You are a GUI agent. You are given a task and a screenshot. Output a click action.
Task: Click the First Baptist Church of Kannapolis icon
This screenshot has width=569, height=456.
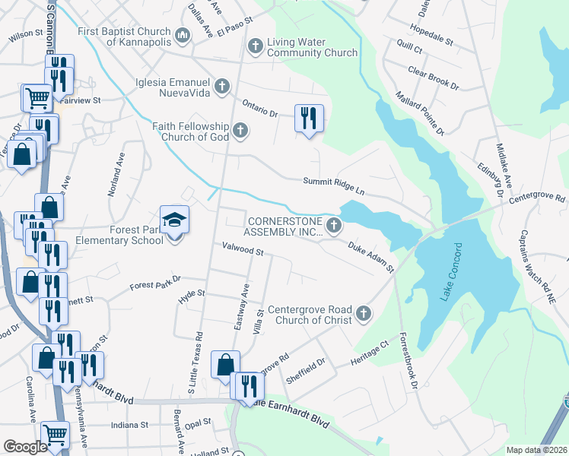click(x=183, y=35)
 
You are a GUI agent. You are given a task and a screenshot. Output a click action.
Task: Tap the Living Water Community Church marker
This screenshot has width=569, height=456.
click(x=256, y=47)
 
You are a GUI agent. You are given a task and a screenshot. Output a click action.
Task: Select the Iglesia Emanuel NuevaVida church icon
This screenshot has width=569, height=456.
click(x=222, y=86)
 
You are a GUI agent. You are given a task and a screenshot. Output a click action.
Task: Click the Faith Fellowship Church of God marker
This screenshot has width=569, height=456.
click(x=240, y=131)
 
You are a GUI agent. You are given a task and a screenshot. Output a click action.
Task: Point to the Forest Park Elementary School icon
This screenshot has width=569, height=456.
click(x=174, y=221)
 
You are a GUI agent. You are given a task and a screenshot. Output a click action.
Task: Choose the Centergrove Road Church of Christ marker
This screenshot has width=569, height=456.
click(x=364, y=312)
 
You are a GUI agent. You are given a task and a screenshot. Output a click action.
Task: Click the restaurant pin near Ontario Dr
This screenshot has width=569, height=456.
click(x=309, y=119)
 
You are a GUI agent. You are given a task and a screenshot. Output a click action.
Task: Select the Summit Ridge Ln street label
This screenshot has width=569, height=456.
click(x=334, y=181)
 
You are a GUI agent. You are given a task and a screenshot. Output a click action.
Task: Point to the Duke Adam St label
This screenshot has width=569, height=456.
click(x=371, y=258)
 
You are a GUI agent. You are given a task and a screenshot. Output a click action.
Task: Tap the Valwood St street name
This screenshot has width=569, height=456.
click(x=242, y=249)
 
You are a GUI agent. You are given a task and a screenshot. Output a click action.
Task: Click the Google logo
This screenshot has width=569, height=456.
click(x=25, y=447)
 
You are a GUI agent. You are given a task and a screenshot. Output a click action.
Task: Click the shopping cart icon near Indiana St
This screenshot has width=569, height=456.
click(x=55, y=435)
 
